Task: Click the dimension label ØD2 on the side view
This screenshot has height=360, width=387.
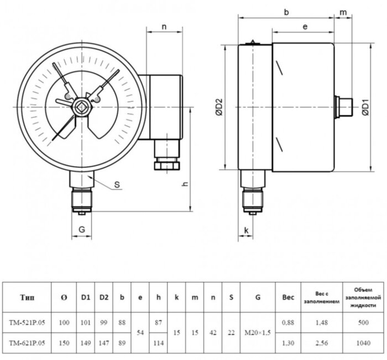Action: [x=219, y=106]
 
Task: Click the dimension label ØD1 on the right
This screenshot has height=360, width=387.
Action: [x=365, y=106]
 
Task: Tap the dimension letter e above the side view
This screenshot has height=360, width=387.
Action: [x=305, y=27]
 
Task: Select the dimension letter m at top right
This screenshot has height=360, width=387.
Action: [x=343, y=11]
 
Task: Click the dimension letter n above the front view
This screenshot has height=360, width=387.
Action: [x=164, y=27]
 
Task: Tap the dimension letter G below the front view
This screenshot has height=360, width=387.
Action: [x=81, y=228]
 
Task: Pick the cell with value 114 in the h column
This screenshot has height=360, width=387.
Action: [x=159, y=342]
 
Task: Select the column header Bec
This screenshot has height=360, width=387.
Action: [x=288, y=297]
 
